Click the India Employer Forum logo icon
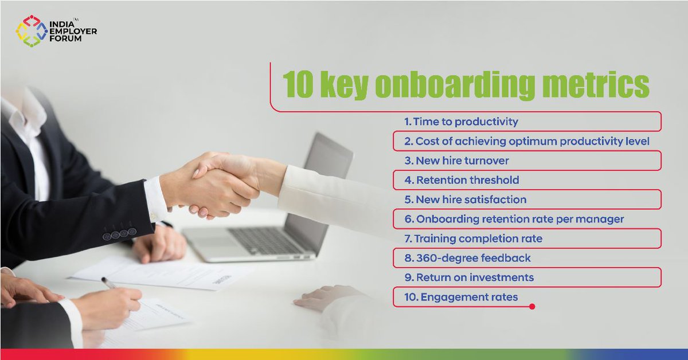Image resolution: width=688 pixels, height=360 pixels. click(30, 31)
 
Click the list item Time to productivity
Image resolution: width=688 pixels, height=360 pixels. click(461, 122)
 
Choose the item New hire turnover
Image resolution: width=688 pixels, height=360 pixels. click(456, 161)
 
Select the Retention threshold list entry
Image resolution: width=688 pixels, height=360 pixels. click(462, 180)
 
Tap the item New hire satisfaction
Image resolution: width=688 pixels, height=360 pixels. click(465, 199)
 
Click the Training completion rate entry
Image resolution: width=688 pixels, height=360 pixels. click(473, 238)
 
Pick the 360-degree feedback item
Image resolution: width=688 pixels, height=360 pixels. click(467, 258)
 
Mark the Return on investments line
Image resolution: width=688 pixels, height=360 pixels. click(468, 277)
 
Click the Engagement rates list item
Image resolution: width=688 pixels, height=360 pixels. click(461, 297)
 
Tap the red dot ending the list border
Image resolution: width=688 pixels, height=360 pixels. click(532, 307)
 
